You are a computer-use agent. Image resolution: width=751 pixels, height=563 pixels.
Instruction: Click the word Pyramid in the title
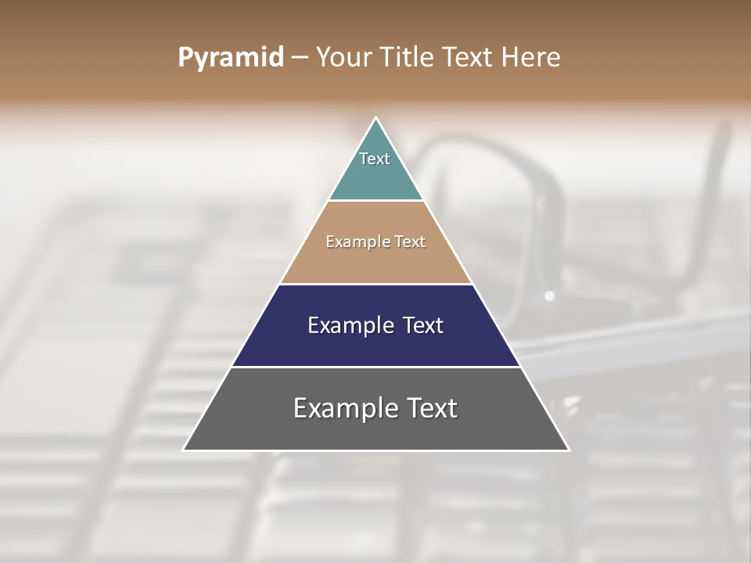click(x=231, y=58)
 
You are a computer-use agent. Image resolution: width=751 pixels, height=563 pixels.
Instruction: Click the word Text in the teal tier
click(x=375, y=159)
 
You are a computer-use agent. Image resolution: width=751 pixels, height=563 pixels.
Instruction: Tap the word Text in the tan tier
click(x=410, y=242)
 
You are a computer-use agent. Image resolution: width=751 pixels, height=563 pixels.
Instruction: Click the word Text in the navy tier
click(x=422, y=325)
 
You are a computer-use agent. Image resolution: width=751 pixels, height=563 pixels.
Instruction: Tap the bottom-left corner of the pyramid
click(x=184, y=450)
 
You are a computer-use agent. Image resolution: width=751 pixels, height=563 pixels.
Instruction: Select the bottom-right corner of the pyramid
click(x=569, y=450)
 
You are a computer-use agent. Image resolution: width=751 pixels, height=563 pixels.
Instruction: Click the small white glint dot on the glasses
click(x=549, y=296)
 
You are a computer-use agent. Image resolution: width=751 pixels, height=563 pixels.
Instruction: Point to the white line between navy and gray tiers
click(x=376, y=367)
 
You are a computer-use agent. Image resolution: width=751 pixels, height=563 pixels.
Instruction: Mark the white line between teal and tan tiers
click(x=376, y=201)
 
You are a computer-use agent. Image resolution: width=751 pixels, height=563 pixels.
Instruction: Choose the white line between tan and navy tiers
click(x=376, y=284)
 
